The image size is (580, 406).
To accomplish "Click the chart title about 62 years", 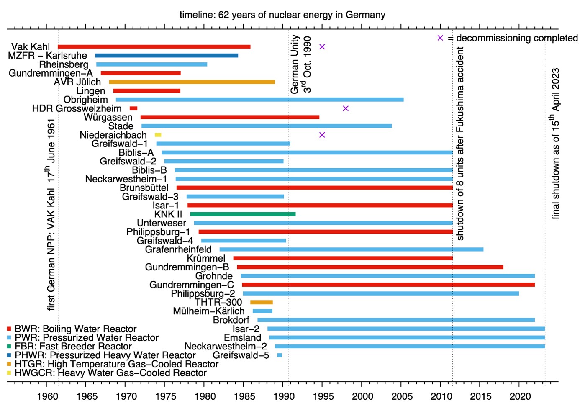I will (x=282, y=15).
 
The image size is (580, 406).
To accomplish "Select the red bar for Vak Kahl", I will (x=154, y=46).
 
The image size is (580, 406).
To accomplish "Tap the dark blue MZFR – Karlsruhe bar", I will (x=167, y=56).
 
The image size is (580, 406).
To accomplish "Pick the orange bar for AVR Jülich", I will (x=192, y=82).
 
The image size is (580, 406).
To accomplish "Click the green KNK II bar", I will (x=243, y=214).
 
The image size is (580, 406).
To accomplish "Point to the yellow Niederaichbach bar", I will (x=158, y=135).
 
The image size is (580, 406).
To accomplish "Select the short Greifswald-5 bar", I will (x=280, y=355).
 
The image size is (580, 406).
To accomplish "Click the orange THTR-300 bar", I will (x=262, y=302).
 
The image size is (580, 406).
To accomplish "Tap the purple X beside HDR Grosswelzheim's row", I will (x=346, y=108).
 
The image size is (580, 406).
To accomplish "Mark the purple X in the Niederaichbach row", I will (x=322, y=135).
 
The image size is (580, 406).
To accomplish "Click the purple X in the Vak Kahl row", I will (x=322, y=46).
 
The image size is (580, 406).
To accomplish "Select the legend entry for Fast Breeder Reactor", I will (x=73, y=347).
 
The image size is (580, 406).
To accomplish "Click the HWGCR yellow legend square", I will (x=9, y=373).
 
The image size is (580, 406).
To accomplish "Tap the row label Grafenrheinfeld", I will (x=178, y=249).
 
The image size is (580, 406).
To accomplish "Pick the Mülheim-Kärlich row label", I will (x=208, y=311).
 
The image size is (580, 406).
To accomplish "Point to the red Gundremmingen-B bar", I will (x=370, y=267).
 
